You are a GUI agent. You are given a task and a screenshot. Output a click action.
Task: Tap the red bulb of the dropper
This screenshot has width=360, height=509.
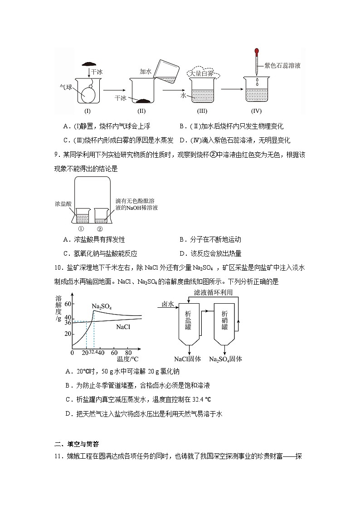(x=257, y=52)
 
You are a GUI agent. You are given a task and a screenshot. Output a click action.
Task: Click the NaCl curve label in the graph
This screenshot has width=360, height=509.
(x=123, y=326)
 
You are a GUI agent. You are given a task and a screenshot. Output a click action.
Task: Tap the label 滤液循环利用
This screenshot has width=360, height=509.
(x=213, y=293)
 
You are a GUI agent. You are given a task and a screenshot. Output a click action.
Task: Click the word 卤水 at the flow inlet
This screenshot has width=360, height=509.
(x=168, y=304)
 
